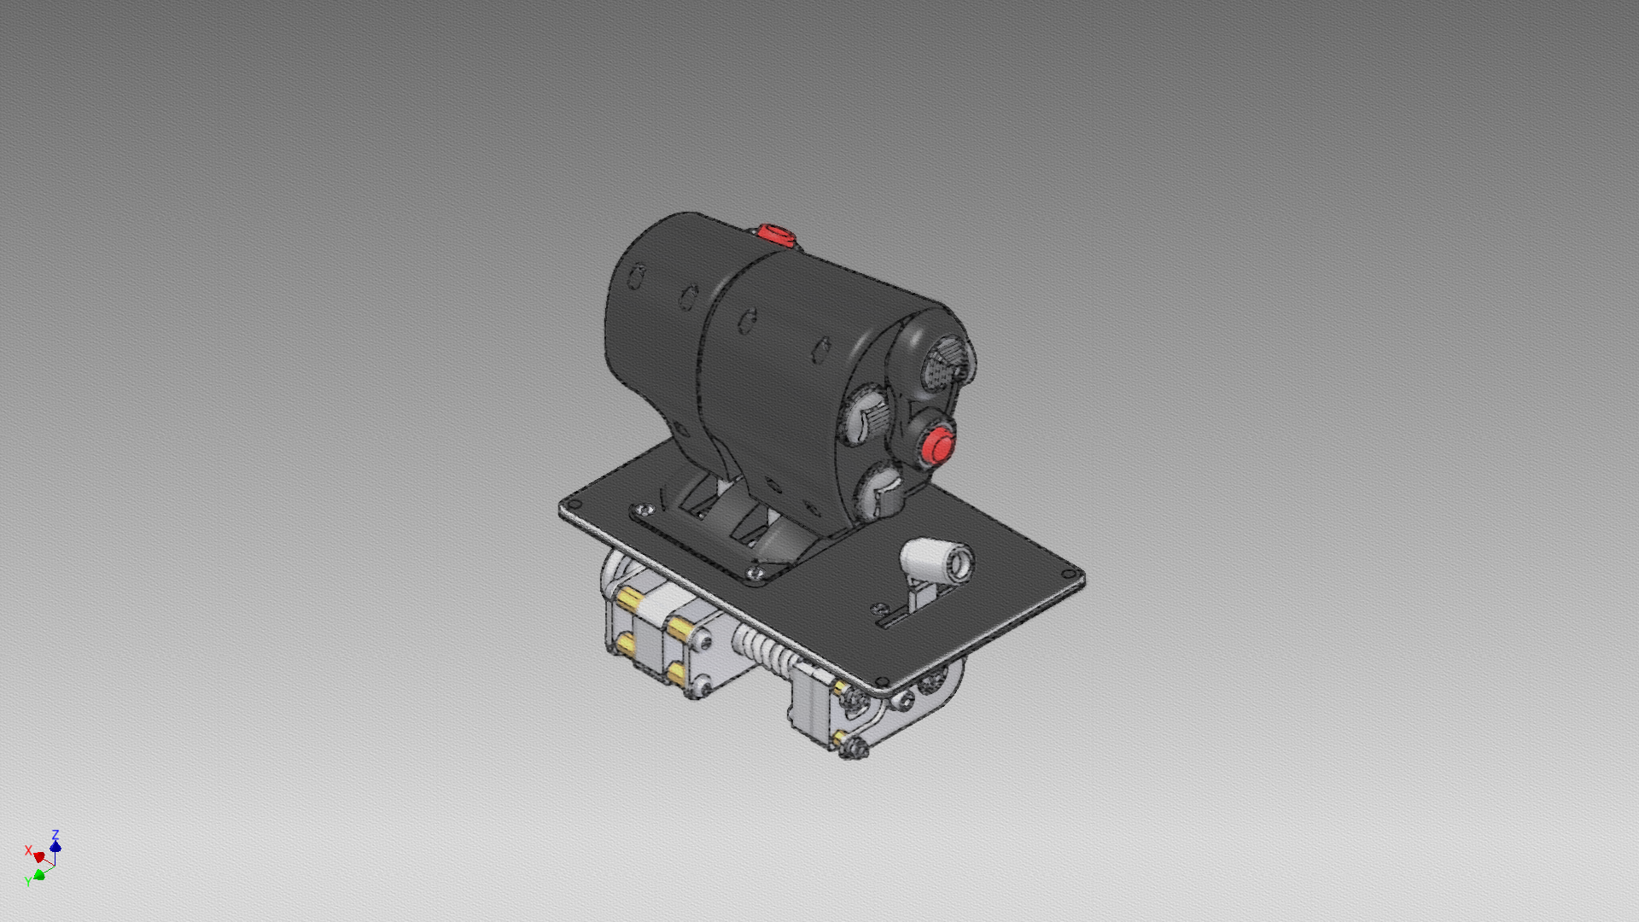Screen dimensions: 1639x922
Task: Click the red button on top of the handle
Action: pyautogui.click(x=775, y=233)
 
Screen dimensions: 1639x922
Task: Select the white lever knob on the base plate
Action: pyautogui.click(x=936, y=562)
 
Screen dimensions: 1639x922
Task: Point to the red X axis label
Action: pyautogui.click(x=28, y=851)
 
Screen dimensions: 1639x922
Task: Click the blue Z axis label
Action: pyautogui.click(x=55, y=834)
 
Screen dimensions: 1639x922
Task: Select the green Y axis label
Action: pyautogui.click(x=27, y=881)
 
